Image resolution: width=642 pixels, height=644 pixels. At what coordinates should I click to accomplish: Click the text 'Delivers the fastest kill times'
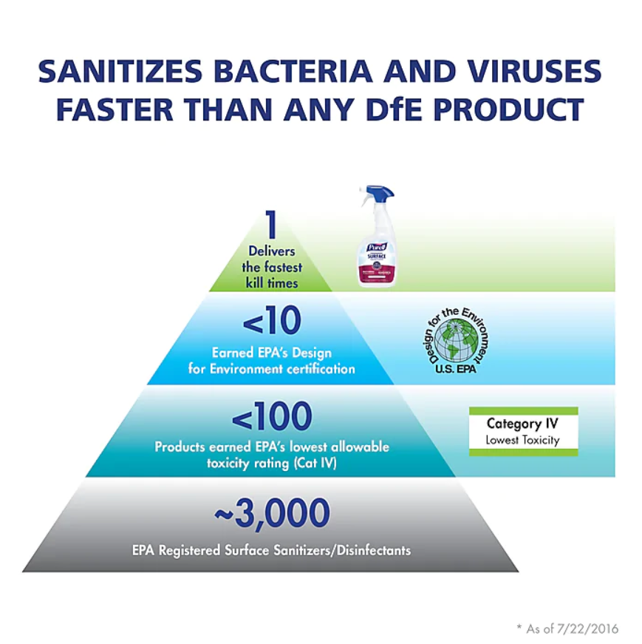pyautogui.click(x=271, y=268)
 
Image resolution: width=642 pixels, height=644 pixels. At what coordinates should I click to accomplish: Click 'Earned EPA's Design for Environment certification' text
pyautogui.click(x=271, y=361)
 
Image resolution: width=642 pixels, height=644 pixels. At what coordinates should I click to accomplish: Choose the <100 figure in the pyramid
pyautogui.click(x=271, y=418)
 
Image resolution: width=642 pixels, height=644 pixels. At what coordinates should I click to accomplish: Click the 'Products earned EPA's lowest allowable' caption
pyautogui.click(x=271, y=447)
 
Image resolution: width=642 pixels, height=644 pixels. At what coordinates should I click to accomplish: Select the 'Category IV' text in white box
pyautogui.click(x=522, y=424)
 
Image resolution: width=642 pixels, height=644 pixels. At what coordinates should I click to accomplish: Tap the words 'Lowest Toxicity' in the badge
pyautogui.click(x=522, y=440)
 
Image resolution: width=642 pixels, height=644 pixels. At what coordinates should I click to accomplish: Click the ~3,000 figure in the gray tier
pyautogui.click(x=271, y=515)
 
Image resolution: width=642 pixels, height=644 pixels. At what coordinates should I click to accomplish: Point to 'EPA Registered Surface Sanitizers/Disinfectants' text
pyautogui.click(x=271, y=551)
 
